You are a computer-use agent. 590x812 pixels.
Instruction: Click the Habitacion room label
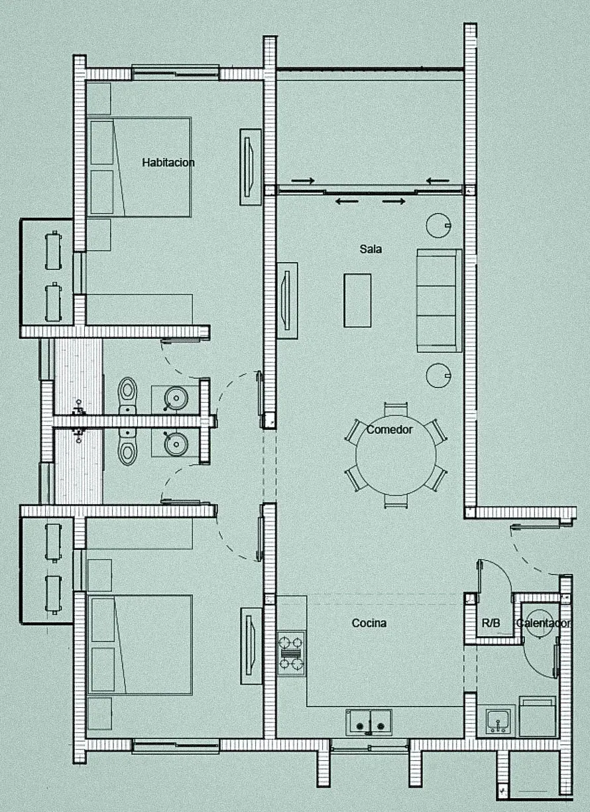(x=168, y=163)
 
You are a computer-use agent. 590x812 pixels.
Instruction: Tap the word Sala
(x=371, y=249)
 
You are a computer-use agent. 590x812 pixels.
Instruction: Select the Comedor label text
(x=389, y=430)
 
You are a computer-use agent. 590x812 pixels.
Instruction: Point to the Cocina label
(x=369, y=623)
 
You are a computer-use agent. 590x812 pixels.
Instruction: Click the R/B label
(x=491, y=623)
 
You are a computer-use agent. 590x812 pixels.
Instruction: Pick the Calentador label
(x=543, y=623)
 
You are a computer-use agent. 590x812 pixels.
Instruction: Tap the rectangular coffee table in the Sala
(x=357, y=300)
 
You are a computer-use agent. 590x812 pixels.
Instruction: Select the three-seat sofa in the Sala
(x=440, y=301)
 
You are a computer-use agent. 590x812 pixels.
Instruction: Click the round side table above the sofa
(x=438, y=225)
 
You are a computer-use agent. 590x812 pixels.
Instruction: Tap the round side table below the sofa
(x=438, y=375)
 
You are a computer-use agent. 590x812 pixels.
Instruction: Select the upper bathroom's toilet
(x=127, y=395)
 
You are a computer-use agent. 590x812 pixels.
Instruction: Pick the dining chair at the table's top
(x=396, y=409)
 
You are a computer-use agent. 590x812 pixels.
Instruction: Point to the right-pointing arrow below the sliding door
(x=394, y=202)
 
